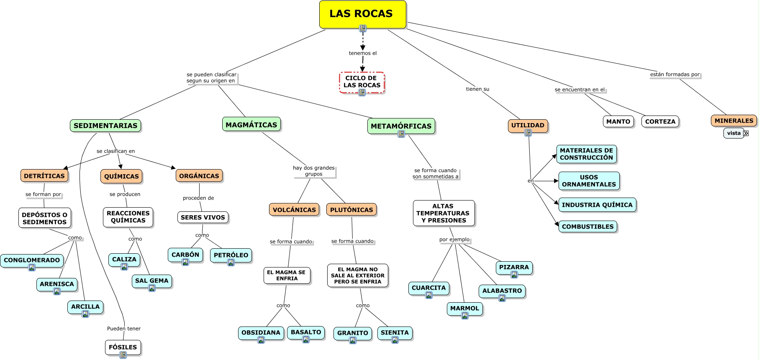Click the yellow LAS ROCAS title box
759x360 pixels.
[362, 14]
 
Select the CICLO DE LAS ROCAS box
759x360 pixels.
[362, 82]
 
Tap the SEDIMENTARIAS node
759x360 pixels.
[105, 126]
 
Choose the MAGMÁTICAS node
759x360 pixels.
[251, 124]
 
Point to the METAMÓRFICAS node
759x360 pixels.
[401, 126]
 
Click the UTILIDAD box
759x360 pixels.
[528, 125]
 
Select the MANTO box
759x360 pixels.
[618, 121]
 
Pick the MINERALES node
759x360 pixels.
[733, 121]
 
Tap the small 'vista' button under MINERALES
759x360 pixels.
[734, 133]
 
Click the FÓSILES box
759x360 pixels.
[123, 347]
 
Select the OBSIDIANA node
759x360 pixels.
[261, 332]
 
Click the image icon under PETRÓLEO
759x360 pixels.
[231, 262]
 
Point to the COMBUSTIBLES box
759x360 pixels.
[587, 226]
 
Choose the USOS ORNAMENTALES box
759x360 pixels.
[589, 181]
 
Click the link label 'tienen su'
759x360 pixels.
[477, 89]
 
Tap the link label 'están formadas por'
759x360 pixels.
[674, 75]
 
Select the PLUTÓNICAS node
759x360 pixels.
[351, 210]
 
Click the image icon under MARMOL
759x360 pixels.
[465, 316]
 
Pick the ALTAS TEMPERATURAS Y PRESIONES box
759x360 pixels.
[444, 213]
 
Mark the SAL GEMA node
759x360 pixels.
[151, 280]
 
